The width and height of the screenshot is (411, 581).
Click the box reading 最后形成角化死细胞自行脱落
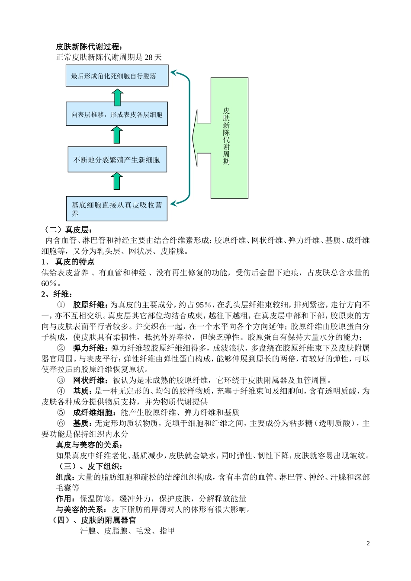point(117,76)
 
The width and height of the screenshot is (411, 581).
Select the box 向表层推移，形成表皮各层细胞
point(117,114)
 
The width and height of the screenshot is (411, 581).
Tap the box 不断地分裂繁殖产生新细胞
point(117,160)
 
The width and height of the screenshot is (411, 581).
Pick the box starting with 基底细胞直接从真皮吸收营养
point(117,209)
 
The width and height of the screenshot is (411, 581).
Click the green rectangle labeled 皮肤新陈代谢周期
point(229,138)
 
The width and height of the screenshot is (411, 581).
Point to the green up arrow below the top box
point(117,97)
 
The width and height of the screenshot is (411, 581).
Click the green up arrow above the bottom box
point(116,180)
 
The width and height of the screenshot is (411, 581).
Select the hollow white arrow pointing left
point(201,138)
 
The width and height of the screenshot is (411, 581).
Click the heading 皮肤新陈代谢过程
point(89,47)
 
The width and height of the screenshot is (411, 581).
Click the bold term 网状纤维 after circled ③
point(89,380)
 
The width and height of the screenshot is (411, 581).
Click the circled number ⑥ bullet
point(61,423)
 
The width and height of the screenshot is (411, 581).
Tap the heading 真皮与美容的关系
point(89,445)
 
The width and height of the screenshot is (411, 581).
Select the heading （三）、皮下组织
point(91,466)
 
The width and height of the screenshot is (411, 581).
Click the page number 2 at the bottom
point(368,543)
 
